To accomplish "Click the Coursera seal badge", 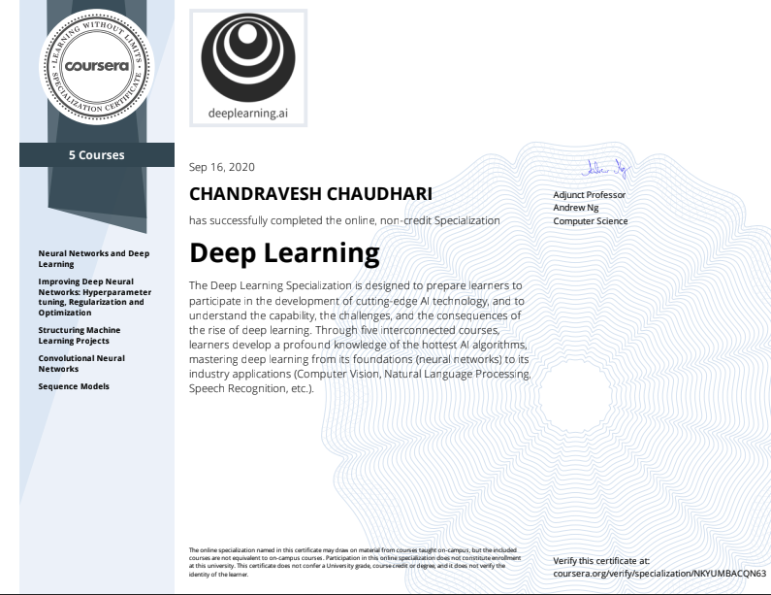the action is pyautogui.click(x=95, y=66).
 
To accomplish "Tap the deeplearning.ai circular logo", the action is pyautogui.click(x=248, y=54).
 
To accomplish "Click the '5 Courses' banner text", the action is pyautogui.click(x=95, y=154).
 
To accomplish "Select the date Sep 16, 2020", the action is pyautogui.click(x=222, y=168).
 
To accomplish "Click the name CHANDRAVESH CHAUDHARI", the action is pyautogui.click(x=310, y=194).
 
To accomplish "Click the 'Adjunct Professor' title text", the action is pyautogui.click(x=590, y=195).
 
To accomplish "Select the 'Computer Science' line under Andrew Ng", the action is pyautogui.click(x=590, y=220).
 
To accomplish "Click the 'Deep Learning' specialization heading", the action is pyautogui.click(x=284, y=253).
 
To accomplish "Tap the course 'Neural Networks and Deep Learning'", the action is pyautogui.click(x=94, y=258).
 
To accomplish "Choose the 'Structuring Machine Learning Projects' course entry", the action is pyautogui.click(x=80, y=336).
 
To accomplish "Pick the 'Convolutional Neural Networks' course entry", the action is pyautogui.click(x=81, y=364).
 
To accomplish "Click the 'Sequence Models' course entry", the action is pyautogui.click(x=74, y=386).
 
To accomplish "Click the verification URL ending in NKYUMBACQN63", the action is pyautogui.click(x=659, y=573).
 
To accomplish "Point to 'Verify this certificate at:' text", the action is pyautogui.click(x=601, y=561).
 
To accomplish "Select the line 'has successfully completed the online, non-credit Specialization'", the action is pyautogui.click(x=344, y=220).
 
